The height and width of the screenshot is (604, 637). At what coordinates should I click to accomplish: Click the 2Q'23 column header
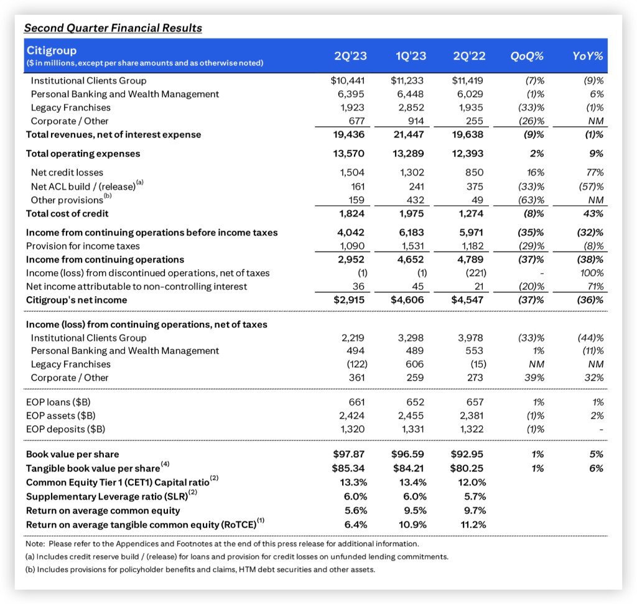(351, 55)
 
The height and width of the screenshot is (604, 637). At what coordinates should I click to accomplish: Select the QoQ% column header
(527, 55)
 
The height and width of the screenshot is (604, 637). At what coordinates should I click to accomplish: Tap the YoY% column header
(588, 55)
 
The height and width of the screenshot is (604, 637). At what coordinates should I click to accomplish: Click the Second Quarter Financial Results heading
(113, 28)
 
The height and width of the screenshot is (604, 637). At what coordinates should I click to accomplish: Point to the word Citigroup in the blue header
(52, 49)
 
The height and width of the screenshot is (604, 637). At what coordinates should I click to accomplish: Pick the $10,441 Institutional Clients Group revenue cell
(351, 80)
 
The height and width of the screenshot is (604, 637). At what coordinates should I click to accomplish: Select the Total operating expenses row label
(83, 154)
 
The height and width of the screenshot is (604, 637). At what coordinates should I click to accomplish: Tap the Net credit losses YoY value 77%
(594, 172)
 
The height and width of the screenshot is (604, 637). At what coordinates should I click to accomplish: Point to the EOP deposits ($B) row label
(65, 429)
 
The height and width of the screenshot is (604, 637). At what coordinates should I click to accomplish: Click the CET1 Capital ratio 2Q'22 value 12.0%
(472, 482)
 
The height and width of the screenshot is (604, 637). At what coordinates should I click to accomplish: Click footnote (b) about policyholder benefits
(200, 568)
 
